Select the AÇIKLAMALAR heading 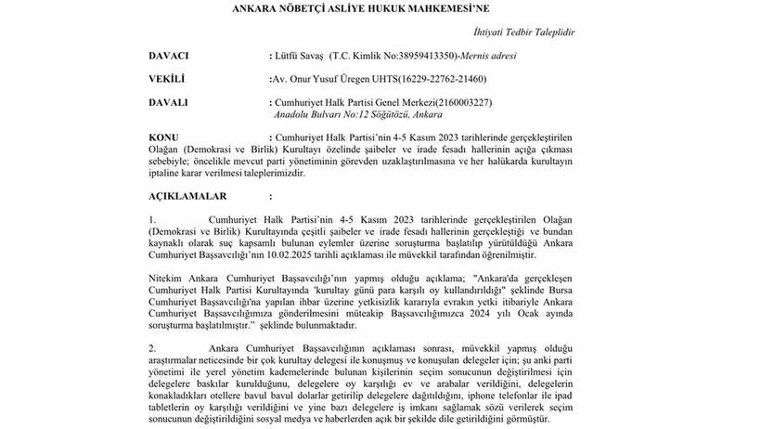(190, 197)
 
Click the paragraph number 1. (151, 220)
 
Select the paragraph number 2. (151, 347)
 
